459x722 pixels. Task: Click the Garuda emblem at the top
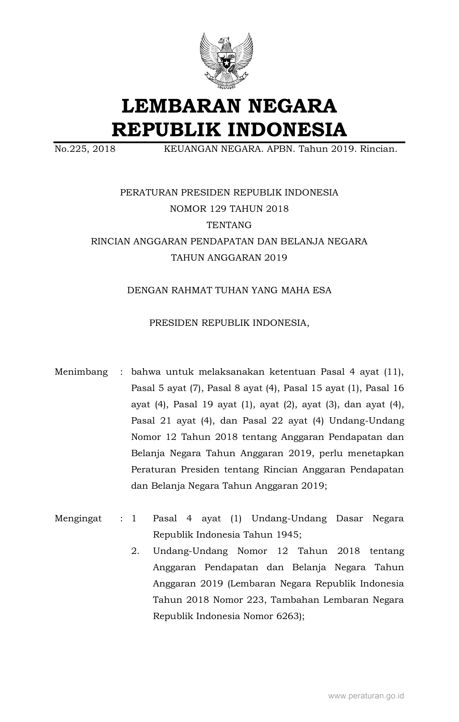click(x=226, y=61)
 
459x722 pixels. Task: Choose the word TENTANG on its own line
click(x=229, y=225)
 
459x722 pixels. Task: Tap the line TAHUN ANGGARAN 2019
click(x=229, y=258)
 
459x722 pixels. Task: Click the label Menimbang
click(x=81, y=372)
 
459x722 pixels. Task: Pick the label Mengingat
click(x=78, y=518)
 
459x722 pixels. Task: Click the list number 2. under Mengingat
click(x=135, y=551)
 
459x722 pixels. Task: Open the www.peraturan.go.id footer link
click(x=366, y=696)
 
